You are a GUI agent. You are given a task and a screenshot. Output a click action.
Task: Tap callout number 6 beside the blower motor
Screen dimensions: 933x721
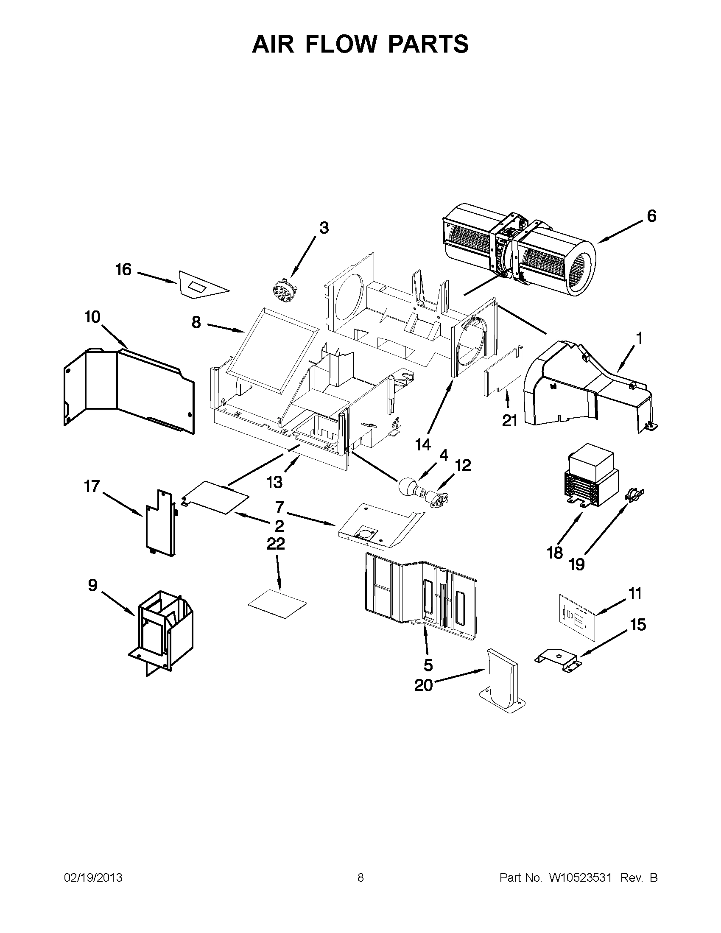(x=651, y=216)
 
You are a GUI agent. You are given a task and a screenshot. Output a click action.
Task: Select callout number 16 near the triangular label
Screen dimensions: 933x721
(x=123, y=270)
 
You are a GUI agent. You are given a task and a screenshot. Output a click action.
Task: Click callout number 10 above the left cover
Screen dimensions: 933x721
(x=92, y=317)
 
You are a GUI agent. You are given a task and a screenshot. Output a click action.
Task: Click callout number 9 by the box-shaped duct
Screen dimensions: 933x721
(x=93, y=585)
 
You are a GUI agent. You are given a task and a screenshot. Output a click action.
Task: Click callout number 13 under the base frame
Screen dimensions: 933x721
(x=274, y=482)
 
